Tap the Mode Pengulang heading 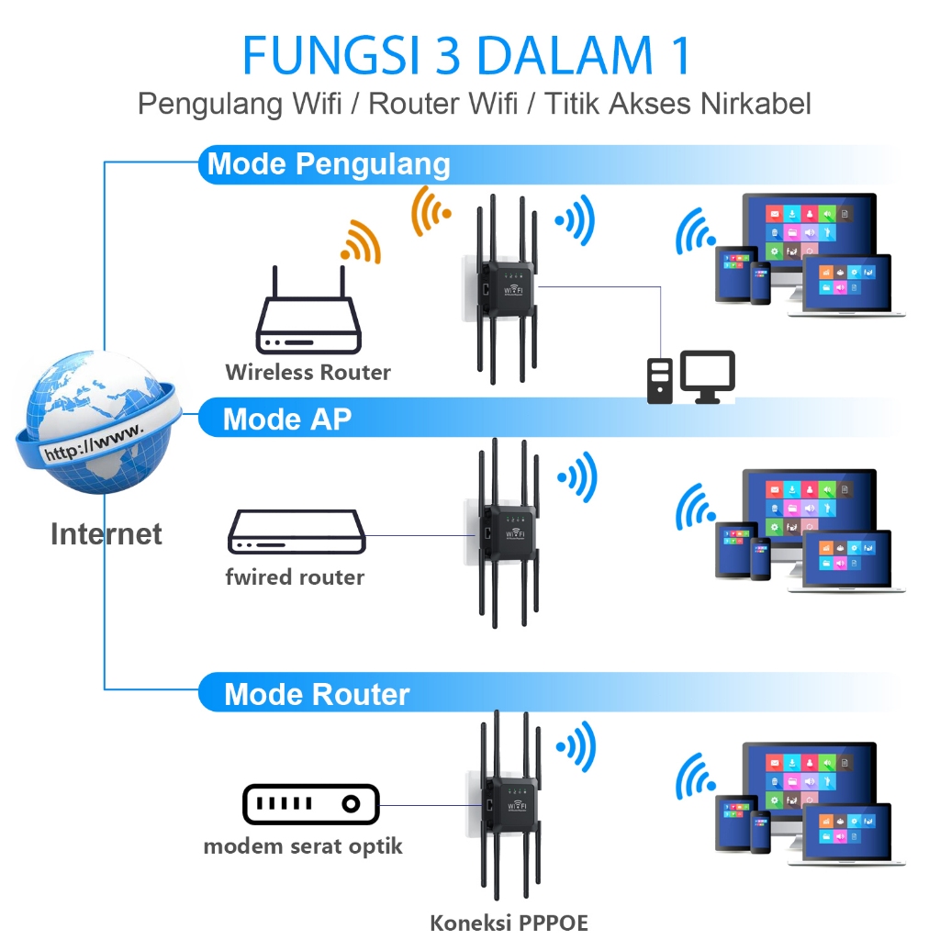pos(329,164)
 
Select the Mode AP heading pos(286,419)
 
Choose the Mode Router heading pos(317,694)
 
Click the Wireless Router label pos(308,373)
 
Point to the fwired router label pos(295,577)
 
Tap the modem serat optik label pos(303,845)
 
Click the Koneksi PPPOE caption pos(509,923)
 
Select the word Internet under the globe pos(106,533)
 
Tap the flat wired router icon pos(297,532)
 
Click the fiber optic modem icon pos(310,804)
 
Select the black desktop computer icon pos(691,377)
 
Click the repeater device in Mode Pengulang pos(503,289)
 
